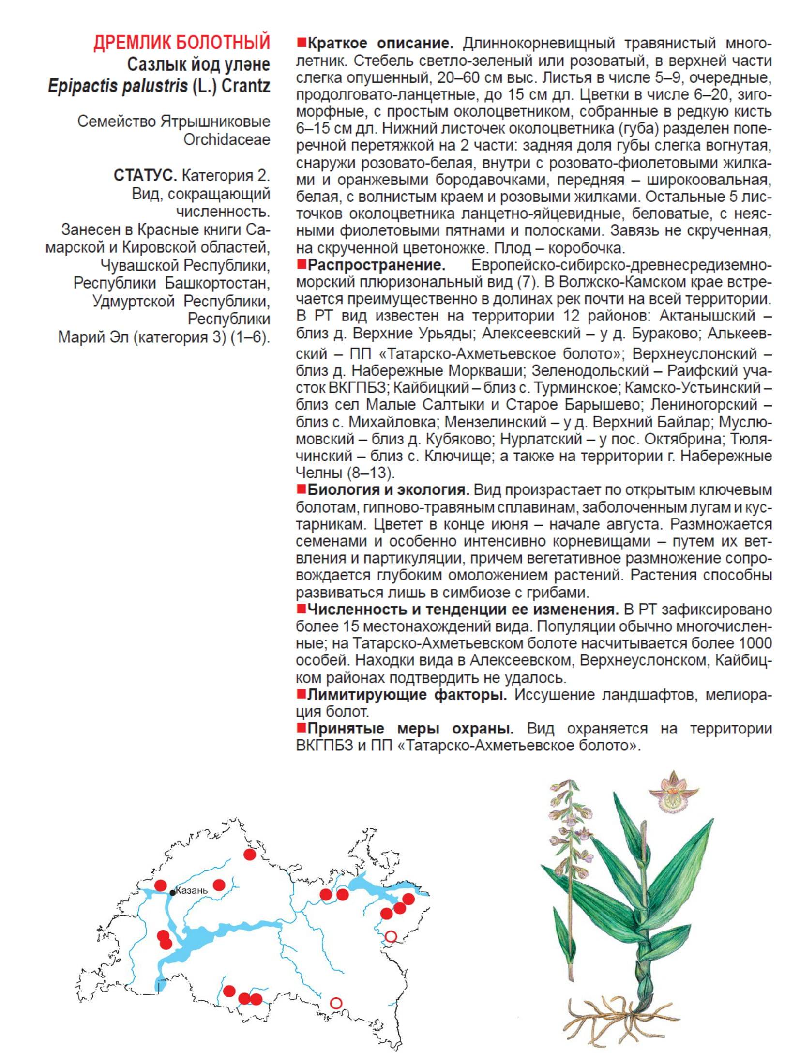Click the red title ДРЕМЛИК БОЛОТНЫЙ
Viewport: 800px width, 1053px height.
tap(181, 43)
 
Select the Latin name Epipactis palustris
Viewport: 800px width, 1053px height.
tap(118, 86)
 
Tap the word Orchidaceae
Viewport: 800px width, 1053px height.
tap(226, 139)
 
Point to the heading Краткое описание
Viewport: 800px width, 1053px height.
tap(380, 44)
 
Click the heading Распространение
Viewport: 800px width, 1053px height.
tap(376, 265)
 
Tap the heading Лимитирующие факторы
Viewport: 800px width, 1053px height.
tap(407, 695)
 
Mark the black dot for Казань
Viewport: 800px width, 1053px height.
tap(172, 892)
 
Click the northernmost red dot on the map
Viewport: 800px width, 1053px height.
tap(249, 855)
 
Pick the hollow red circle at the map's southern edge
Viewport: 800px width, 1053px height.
tap(336, 1003)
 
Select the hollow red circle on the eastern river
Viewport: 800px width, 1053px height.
tap(391, 936)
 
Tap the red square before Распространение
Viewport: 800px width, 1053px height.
tap(301, 265)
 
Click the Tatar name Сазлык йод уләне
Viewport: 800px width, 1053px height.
tap(198, 64)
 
